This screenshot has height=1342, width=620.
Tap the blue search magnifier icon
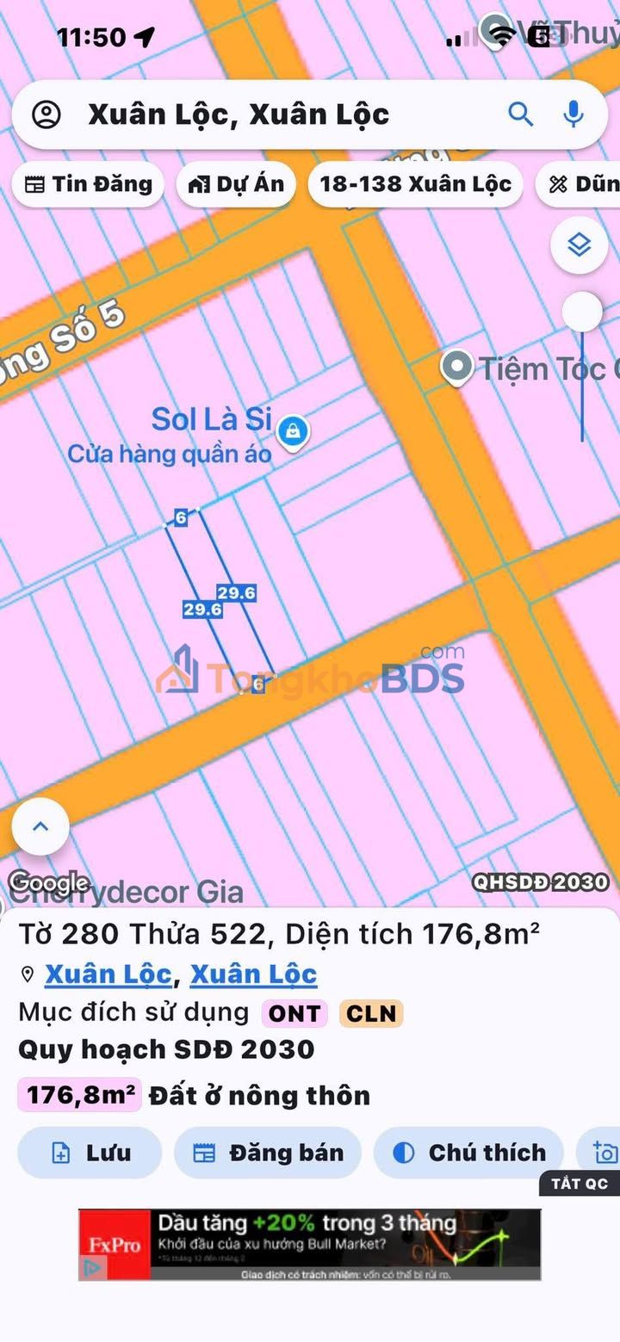(x=520, y=114)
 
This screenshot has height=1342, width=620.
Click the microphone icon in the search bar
(x=573, y=114)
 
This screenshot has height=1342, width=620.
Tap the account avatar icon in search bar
(x=46, y=114)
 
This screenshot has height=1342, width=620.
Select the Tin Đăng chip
(x=88, y=183)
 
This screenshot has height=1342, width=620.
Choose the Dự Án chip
(x=236, y=183)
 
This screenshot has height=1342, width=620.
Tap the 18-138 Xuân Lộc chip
(x=415, y=183)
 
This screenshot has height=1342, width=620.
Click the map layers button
(x=579, y=245)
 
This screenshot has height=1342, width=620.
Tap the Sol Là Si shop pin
(x=294, y=430)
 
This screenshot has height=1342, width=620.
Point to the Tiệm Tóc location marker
(x=456, y=368)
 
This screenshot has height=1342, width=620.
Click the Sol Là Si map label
(x=212, y=419)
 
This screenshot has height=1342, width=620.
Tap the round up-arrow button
(x=40, y=826)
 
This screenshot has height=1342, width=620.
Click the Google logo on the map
(x=48, y=882)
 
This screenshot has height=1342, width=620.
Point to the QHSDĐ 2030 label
(x=540, y=881)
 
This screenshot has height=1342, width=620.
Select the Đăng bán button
(x=268, y=1153)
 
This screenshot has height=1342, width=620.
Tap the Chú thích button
(x=468, y=1153)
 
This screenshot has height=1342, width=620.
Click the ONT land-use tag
(x=294, y=1013)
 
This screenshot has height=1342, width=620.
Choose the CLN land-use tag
(x=371, y=1013)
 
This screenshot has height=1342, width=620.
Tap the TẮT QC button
(x=580, y=1183)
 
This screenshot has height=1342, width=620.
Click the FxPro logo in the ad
(x=115, y=1243)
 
